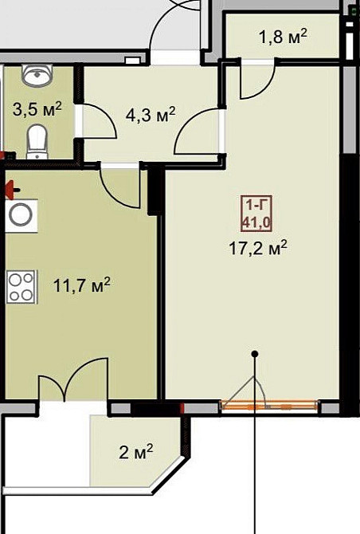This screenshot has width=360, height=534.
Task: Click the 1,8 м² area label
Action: pyautogui.click(x=283, y=37)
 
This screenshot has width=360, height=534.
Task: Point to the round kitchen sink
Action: pyautogui.click(x=21, y=215)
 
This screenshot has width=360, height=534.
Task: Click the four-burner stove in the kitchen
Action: pyautogui.click(x=22, y=286)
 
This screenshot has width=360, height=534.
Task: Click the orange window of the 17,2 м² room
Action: pyautogui.click(x=269, y=407)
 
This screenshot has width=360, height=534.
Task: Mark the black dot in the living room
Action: pyautogui.click(x=255, y=353)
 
